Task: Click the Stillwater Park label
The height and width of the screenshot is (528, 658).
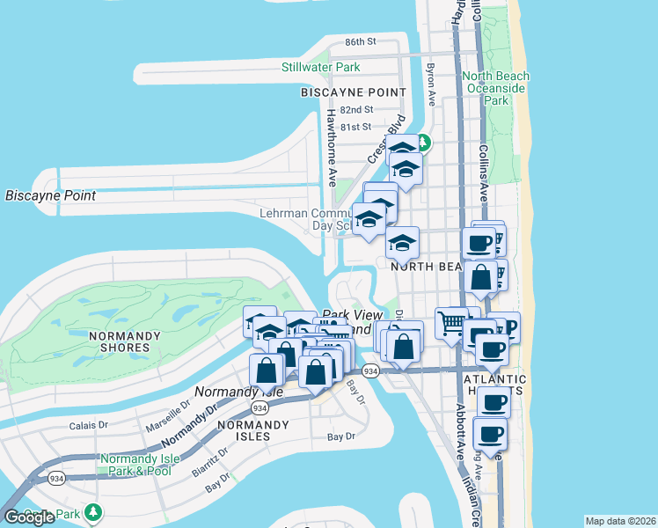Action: click(320, 67)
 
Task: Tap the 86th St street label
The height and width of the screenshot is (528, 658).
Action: click(361, 41)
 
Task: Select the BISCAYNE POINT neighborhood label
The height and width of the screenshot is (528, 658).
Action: click(353, 92)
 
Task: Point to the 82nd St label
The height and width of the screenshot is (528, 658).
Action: click(357, 110)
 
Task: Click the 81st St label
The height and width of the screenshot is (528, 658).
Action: click(355, 127)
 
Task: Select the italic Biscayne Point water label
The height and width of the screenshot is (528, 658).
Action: click(50, 194)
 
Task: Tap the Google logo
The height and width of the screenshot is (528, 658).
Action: click(29, 517)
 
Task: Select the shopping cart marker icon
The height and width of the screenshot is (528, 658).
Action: click(451, 324)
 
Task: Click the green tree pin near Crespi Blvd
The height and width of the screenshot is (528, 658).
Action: click(423, 141)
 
